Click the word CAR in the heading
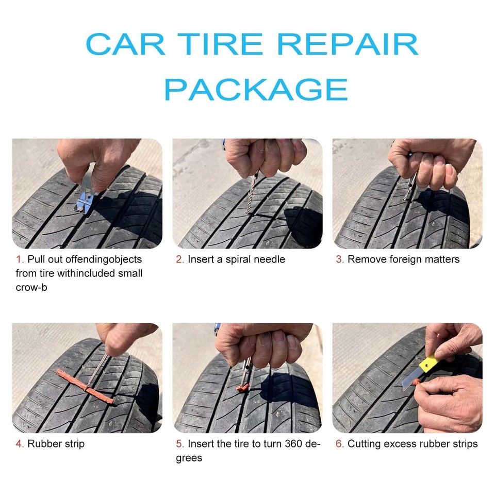pyautogui.click(x=125, y=45)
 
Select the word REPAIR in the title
pyautogui.click(x=348, y=45)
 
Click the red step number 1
pyautogui.click(x=19, y=259)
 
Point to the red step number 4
pyautogui.click(x=19, y=444)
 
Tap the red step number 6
pyautogui.click(x=339, y=444)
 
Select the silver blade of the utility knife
pyautogui.click(x=410, y=381)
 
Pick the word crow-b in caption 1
pyautogui.click(x=31, y=287)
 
